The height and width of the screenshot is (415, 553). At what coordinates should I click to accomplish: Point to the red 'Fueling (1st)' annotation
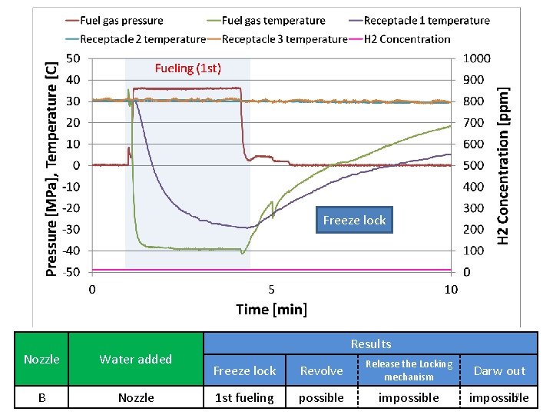[187, 68]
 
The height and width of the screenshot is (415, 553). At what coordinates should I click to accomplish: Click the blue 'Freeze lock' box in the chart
[354, 221]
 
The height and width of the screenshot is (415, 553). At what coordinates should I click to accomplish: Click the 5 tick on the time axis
[271, 290]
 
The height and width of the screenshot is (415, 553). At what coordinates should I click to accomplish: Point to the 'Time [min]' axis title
[271, 309]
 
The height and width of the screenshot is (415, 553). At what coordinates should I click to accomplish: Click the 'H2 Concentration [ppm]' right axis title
[504, 164]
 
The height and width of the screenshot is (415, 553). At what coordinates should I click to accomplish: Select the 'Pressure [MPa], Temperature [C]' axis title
[51, 164]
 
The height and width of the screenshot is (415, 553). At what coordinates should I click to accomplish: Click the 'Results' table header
[370, 344]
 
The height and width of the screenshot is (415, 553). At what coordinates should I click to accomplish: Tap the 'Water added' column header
[136, 359]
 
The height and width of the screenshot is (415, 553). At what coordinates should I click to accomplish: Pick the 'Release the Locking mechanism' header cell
[409, 370]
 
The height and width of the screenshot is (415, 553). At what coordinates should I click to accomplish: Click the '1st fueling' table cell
[244, 397]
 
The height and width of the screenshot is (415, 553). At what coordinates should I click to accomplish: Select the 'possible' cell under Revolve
[321, 397]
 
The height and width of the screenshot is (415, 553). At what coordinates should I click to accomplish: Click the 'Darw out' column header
[499, 370]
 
